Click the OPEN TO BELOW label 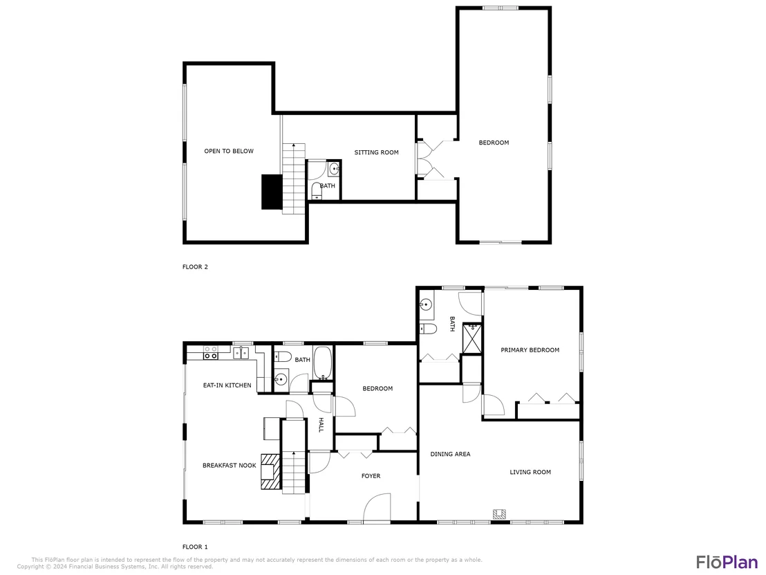click(x=229, y=151)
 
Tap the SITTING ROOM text click(x=376, y=152)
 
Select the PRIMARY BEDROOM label click(x=530, y=350)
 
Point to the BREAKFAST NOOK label click(x=229, y=466)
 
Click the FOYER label click(x=371, y=476)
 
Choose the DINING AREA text click(x=451, y=454)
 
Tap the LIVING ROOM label click(x=530, y=473)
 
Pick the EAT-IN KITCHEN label click(x=227, y=385)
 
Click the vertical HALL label click(x=321, y=425)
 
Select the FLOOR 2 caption click(x=195, y=267)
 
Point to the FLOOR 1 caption click(x=195, y=547)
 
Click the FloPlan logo click(x=727, y=563)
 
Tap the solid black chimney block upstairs click(x=272, y=192)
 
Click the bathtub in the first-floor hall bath click(x=322, y=363)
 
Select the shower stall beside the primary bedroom click(x=471, y=338)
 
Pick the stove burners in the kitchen click(x=211, y=352)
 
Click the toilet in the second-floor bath click(x=317, y=191)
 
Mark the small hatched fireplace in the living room click(x=499, y=514)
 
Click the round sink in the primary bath click(x=425, y=304)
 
